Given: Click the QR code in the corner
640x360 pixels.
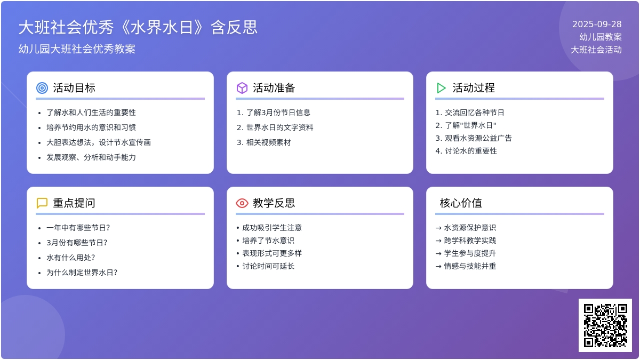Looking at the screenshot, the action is [605, 325].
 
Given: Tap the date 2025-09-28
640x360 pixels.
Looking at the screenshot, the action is [597, 25].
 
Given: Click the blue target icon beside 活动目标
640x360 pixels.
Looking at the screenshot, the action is [42, 88].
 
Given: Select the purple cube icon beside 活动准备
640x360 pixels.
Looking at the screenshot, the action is [242, 88].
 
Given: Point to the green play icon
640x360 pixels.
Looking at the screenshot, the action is [441, 88].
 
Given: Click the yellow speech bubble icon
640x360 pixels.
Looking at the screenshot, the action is [42, 203].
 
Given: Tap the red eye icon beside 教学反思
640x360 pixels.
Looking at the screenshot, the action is [242, 203].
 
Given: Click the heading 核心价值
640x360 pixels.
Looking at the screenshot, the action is [461, 203].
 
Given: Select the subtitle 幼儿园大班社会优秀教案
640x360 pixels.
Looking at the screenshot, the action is [77, 49].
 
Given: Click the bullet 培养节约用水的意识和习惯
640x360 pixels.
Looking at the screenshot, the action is [91, 127].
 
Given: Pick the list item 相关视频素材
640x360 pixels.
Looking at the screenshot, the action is [269, 142].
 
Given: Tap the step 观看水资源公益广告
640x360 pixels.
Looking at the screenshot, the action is [478, 138].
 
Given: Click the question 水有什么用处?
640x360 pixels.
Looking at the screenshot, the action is [70, 258].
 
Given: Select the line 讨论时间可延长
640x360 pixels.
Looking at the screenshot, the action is [268, 266].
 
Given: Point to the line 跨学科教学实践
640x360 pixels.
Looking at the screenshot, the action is [470, 241].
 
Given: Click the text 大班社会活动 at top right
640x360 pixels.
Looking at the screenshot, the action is [596, 50].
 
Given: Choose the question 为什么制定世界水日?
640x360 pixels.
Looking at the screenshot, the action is [82, 273].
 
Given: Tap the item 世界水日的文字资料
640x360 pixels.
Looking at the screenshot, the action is [279, 127].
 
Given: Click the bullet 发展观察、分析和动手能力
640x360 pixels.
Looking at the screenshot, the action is [91, 157].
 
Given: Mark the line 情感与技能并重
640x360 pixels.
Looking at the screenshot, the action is [470, 266].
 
